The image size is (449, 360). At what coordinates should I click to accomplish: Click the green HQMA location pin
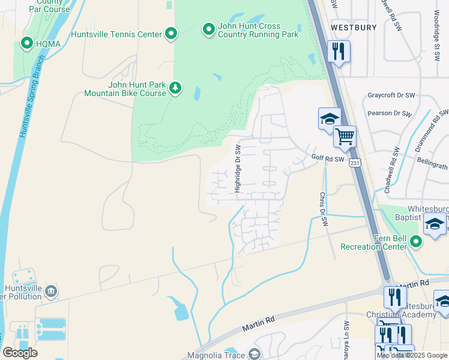tap(27, 43)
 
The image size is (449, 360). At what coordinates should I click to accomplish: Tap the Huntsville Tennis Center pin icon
tap(171, 34)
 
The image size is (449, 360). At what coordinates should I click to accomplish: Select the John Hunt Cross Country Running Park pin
tap(208, 29)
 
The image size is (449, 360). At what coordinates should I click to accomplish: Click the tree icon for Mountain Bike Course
tap(175, 88)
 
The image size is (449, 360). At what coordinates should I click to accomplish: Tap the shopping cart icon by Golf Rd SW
tap(345, 136)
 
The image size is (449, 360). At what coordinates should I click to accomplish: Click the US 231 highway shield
tap(355, 163)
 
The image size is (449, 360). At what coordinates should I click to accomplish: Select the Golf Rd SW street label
tap(328, 158)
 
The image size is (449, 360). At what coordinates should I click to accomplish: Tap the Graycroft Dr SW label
tap(391, 95)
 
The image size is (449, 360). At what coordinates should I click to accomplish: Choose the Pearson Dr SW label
tap(391, 113)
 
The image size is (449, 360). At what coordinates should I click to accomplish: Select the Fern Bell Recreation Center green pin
tap(416, 242)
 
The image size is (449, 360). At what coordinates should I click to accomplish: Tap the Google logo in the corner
tap(20, 353)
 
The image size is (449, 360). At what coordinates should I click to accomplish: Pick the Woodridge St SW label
tap(436, 42)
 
